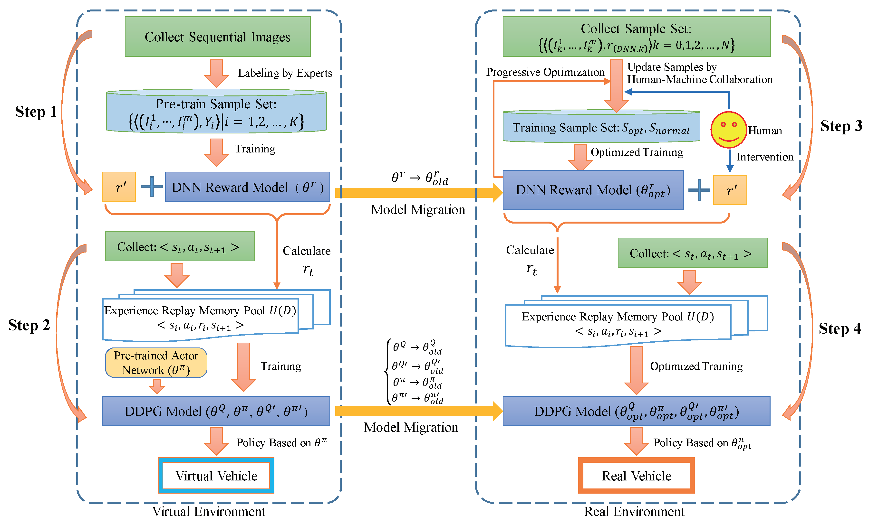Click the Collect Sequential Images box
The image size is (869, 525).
[x=217, y=37]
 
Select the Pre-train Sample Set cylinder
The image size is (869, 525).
[x=216, y=112]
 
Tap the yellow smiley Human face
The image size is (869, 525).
[x=728, y=130]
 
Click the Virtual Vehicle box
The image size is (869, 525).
[x=216, y=476]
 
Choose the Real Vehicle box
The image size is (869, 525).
[x=636, y=476]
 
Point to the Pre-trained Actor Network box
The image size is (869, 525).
[x=156, y=363]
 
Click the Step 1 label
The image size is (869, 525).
[x=36, y=112]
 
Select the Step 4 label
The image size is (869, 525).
[x=839, y=329]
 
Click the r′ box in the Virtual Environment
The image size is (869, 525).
[x=119, y=187]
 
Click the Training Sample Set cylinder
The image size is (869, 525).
[x=601, y=128]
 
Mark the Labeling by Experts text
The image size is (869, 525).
[x=285, y=73]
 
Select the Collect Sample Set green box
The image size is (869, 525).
[x=636, y=37]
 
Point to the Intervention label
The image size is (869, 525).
[x=765, y=157]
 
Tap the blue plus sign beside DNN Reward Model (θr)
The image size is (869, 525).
[x=151, y=187]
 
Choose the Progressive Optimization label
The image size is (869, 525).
[x=545, y=72]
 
